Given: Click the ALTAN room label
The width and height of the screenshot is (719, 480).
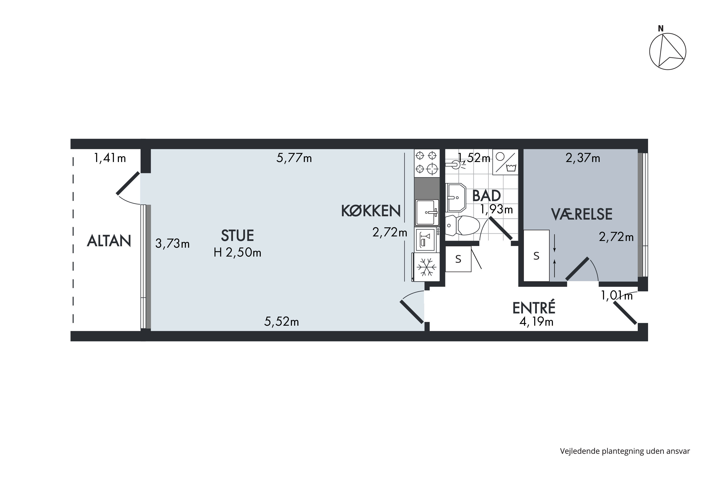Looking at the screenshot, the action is tap(109, 241).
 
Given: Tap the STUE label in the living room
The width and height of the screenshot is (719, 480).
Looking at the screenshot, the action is tap(238, 235).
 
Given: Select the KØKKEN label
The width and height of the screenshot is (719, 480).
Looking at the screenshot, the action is tap(371, 211).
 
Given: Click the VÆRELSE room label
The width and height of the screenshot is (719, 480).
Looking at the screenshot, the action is tap(582, 214).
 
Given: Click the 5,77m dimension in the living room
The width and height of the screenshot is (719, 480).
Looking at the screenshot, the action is tap(294, 158).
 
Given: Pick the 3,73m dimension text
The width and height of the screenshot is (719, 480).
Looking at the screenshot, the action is tap(172, 244).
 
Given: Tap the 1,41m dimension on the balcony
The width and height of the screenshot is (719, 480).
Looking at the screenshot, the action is tap(110, 158).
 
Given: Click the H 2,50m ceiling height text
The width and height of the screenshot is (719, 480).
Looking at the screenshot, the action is tap(238, 252).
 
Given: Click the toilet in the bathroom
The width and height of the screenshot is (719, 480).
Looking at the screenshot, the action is tap(462, 225).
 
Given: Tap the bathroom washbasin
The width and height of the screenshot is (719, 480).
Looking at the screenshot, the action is tap(456, 198).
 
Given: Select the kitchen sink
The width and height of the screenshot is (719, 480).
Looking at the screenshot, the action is tap(427, 212).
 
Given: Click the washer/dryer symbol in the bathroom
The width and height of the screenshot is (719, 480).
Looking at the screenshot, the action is tap(505, 162).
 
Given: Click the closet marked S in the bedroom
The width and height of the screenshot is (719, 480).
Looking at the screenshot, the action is tap(537, 256).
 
